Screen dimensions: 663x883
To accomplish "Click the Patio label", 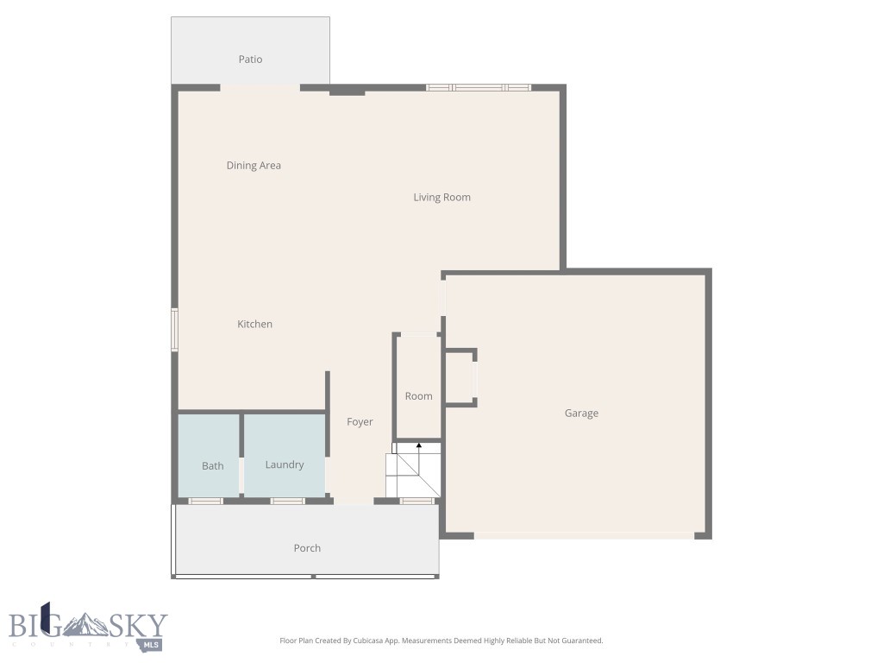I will click(x=250, y=60).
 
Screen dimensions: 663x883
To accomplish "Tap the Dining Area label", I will click(x=254, y=166).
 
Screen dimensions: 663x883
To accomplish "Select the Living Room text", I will click(x=441, y=198).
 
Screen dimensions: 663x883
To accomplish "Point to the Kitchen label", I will click(x=254, y=325).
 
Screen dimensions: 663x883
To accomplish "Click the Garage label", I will click(x=581, y=414).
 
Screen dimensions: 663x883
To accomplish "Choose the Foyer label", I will click(x=360, y=422).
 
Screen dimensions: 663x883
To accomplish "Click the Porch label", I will click(x=307, y=548).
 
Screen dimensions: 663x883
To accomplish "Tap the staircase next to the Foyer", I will click(x=413, y=473).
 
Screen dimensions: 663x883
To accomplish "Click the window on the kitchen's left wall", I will click(x=174, y=330).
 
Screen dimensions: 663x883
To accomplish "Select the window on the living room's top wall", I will click(x=479, y=87).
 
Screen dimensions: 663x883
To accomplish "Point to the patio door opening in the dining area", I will click(x=260, y=87).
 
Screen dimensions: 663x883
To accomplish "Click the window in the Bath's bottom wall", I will click(x=206, y=501).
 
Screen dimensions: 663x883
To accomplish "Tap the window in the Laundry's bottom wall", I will click(x=288, y=501).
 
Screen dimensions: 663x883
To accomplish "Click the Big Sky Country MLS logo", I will click(x=88, y=626).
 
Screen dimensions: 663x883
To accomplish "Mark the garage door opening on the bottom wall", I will click(x=585, y=535).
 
